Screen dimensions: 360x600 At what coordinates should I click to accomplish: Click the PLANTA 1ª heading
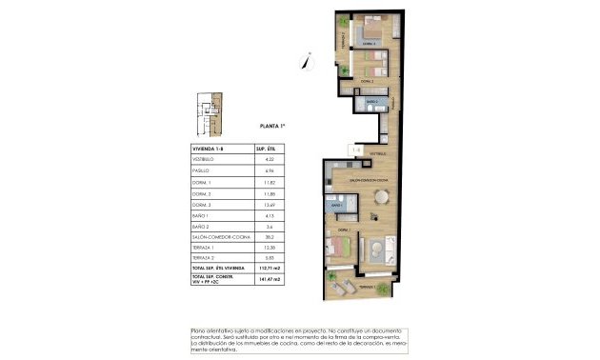274,126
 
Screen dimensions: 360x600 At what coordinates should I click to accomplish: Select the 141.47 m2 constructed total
270,282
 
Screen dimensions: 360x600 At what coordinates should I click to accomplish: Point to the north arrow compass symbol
305,61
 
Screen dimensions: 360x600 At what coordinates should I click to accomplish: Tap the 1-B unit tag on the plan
356,149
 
